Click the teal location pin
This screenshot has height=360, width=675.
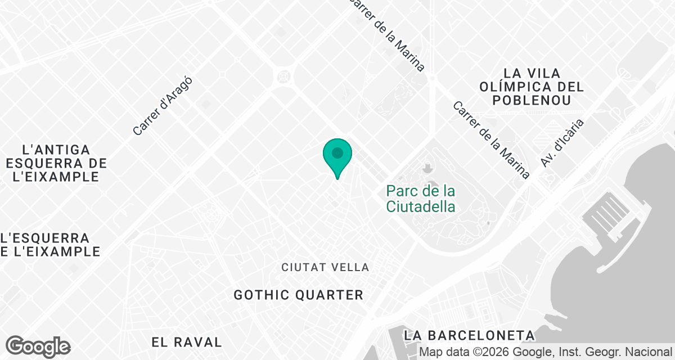pyautogui.click(x=337, y=155)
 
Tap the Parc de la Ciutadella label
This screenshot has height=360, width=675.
pyautogui.click(x=420, y=199)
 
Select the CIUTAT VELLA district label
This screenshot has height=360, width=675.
pyautogui.click(x=325, y=267)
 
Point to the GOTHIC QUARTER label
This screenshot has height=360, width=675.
pyautogui.click(x=298, y=295)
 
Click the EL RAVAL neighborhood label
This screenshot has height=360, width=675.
pyautogui.click(x=187, y=341)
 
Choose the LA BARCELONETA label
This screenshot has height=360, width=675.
pyautogui.click(x=469, y=335)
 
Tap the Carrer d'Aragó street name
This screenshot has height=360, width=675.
pyautogui.click(x=163, y=106)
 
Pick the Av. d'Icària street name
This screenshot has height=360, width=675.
pyautogui.click(x=562, y=142)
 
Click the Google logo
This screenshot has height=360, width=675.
pyautogui.click(x=38, y=346)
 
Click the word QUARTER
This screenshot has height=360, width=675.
pyautogui.click(x=335, y=295)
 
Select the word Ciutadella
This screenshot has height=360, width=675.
pyautogui.click(x=420, y=206)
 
